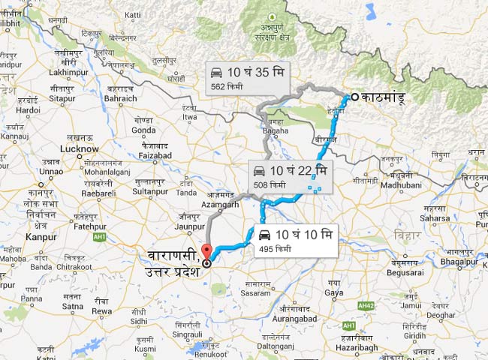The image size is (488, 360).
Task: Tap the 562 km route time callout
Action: coord(246,79)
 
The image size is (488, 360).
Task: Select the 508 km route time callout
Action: coord(289,176)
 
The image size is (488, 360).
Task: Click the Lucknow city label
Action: coord(78,148)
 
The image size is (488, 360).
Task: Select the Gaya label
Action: coord(334,292)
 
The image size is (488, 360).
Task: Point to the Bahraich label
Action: coord(121,98)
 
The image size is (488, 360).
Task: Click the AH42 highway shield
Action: coord(366,305)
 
